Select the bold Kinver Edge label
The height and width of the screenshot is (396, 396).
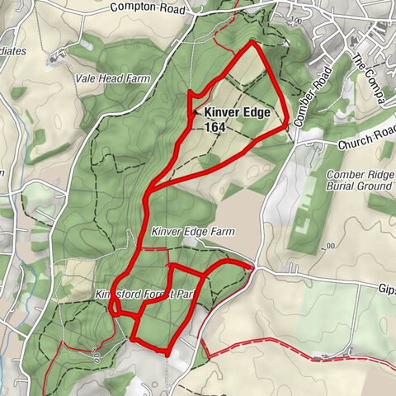pyautogui.click(x=238, y=111)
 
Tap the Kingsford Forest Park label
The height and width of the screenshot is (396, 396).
pyautogui.click(x=144, y=294)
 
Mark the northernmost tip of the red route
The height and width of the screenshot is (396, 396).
pyautogui.click(x=252, y=40)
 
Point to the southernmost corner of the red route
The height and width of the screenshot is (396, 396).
pyautogui.click(x=167, y=354)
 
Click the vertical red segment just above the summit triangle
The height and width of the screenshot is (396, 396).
pyautogui.click(x=190, y=98)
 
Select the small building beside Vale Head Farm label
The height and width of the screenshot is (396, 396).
pyautogui.click(x=56, y=59)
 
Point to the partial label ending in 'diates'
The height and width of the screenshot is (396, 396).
pyautogui.click(x=14, y=50)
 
